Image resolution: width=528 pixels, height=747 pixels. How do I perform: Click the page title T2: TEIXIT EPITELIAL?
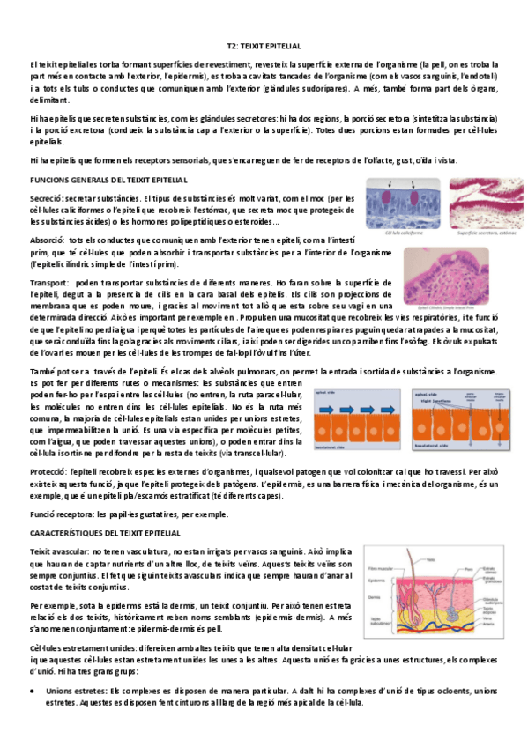(264, 44)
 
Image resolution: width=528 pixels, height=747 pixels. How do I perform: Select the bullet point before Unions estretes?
(33, 692)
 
